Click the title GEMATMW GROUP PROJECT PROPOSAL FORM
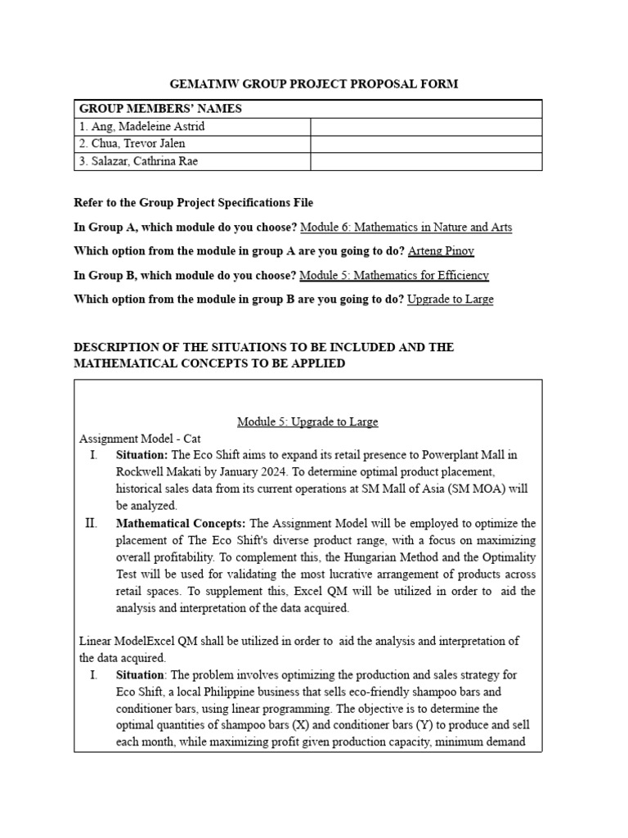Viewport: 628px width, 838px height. (313, 83)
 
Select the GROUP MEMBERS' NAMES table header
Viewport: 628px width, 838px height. (159, 109)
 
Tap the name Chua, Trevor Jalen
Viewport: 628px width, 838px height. (132, 144)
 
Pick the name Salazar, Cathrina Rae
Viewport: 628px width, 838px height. (138, 161)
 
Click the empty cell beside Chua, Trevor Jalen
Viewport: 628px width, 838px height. (425, 144)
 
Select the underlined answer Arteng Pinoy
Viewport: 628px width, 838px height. (442, 250)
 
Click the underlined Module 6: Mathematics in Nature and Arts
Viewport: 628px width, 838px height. (406, 227)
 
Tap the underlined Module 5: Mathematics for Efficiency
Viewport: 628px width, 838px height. (394, 275)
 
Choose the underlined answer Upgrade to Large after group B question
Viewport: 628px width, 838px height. (450, 299)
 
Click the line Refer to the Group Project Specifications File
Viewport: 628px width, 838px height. (193, 202)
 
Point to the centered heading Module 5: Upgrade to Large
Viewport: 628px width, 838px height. (307, 421)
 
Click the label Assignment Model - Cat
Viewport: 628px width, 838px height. (140, 439)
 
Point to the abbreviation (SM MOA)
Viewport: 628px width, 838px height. (478, 489)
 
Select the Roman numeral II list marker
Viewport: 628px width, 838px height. (92, 523)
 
